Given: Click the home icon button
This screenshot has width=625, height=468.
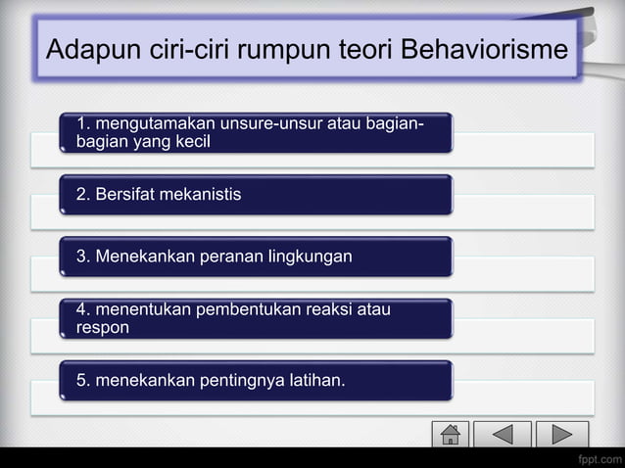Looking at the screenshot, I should (x=451, y=434).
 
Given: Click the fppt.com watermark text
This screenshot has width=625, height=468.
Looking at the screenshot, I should (x=599, y=459).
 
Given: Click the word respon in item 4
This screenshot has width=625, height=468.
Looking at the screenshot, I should (x=103, y=328).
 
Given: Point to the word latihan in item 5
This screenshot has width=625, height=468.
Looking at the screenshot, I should (x=313, y=380).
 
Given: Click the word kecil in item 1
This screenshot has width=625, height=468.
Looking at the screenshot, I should (x=192, y=141).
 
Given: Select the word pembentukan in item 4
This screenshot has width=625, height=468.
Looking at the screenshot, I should (x=245, y=310).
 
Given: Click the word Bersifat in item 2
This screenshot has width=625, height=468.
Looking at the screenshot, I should (x=123, y=194).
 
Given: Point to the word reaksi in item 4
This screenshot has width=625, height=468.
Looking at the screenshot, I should (x=325, y=310).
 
